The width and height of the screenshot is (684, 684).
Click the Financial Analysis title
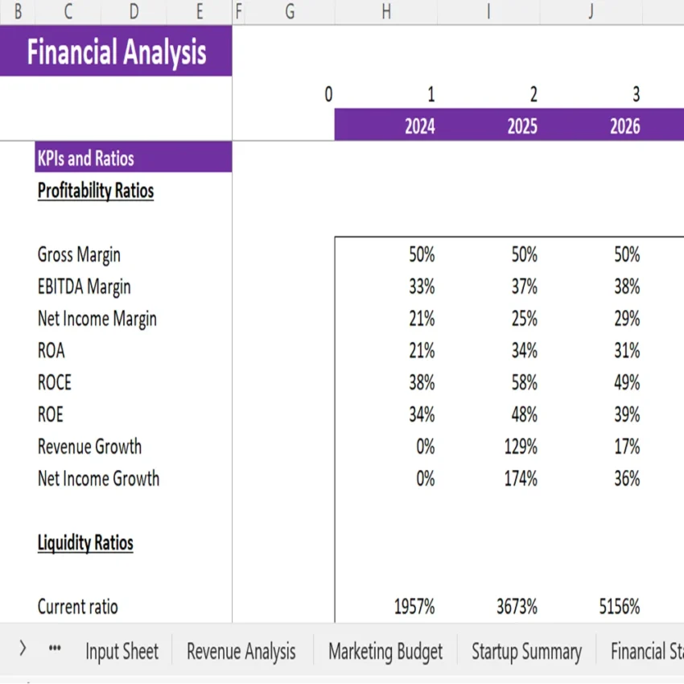tap(117, 52)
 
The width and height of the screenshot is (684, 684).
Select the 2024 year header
tap(419, 126)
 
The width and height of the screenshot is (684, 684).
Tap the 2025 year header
tap(522, 126)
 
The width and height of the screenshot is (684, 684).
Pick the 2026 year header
tap(625, 126)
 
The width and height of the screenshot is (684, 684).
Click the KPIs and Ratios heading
tap(86, 159)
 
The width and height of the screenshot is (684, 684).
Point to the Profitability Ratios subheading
tap(96, 191)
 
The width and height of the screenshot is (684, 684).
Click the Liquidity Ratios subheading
tap(85, 543)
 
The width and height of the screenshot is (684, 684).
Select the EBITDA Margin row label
tap(84, 287)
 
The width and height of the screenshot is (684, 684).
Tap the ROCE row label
tap(55, 383)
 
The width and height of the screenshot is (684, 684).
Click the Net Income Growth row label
tap(98, 479)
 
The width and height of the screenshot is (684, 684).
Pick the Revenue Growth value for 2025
tap(521, 447)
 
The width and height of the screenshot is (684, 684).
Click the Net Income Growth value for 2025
tap(521, 479)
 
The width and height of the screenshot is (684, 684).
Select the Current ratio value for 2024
tap(414, 607)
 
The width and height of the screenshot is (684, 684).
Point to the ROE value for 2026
tap(627, 414)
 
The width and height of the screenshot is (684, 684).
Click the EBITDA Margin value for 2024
tap(422, 287)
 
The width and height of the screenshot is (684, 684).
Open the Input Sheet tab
tap(122, 651)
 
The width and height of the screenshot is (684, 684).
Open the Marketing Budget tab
tap(385, 651)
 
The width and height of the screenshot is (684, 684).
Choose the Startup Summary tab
tap(526, 651)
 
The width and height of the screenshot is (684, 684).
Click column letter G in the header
tap(290, 12)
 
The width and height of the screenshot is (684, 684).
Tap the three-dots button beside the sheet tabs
tap(55, 649)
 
